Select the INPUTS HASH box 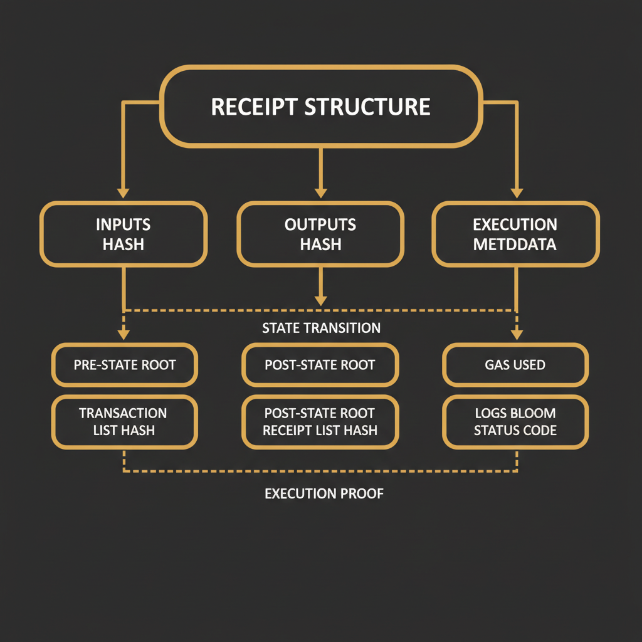point(124,234)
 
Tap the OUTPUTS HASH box point(320,234)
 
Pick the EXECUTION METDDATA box point(515,234)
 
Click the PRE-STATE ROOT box point(125,364)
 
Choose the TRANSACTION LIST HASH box point(124,421)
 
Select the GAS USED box point(515,364)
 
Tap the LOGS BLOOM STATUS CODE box point(515,421)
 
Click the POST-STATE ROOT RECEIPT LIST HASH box point(320,421)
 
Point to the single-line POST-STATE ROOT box point(320,364)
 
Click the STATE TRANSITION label point(321,328)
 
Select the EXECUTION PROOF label point(324,493)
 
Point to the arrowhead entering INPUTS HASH point(124,192)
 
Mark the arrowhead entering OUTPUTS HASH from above point(320,192)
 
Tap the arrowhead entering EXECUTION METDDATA point(517,192)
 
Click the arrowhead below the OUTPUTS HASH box point(320,300)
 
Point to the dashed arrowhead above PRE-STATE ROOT point(124,334)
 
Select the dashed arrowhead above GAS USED point(517,334)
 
